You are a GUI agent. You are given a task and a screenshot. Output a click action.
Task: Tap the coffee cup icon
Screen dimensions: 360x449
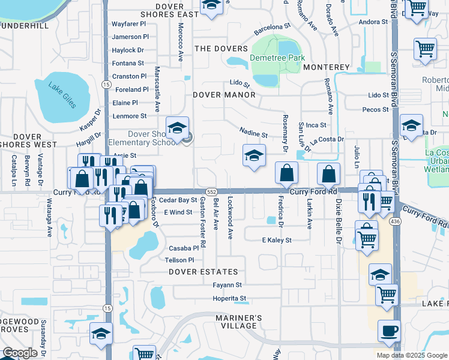pos(389,331)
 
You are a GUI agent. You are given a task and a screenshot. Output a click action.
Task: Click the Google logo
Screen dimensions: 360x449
pos(20,353)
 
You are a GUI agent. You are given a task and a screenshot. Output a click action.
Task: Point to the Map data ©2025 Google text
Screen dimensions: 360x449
pos(411,355)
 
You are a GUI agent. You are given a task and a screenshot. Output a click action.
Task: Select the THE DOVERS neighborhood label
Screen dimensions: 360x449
pos(220,49)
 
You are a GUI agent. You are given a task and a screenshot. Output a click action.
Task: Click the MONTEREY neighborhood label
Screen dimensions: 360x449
pos(326,67)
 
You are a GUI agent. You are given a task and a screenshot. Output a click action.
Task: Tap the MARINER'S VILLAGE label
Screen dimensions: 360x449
pos(239,321)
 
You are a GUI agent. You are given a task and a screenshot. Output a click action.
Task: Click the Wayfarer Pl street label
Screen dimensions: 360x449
pos(130,25)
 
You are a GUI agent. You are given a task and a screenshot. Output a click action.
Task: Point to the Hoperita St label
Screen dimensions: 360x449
pos(226,298)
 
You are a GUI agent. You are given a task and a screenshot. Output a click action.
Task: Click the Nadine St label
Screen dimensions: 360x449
pos(253,134)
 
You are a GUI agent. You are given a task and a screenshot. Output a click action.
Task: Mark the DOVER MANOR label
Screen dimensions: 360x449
pos(220,94)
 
